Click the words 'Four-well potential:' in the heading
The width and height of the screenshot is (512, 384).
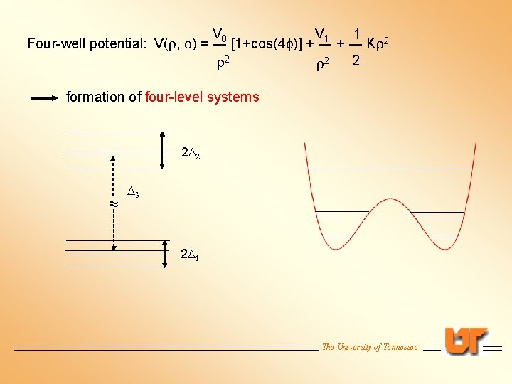[x=86, y=44]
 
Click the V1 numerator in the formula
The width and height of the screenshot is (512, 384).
[x=321, y=33]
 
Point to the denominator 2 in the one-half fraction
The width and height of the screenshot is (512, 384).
[x=356, y=62]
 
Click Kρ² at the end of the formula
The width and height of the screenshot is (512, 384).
[x=377, y=44]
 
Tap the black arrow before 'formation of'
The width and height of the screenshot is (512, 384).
[x=44, y=98]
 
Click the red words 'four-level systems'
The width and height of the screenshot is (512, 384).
[x=202, y=97]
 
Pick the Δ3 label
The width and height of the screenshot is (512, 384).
[x=133, y=191]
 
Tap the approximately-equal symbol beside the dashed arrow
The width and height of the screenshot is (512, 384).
[x=112, y=205]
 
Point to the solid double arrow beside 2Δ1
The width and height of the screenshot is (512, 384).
[x=164, y=253]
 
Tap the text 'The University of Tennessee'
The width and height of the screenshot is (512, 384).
[x=370, y=347]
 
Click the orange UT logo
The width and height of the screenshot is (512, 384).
[x=466, y=341]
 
